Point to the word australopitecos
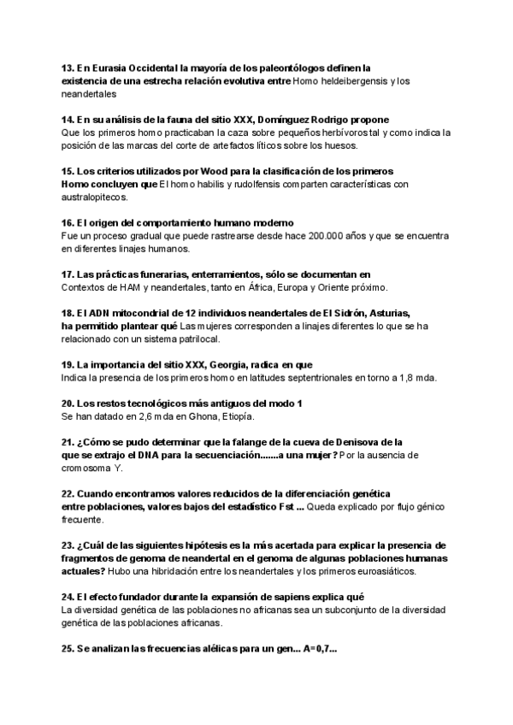pos(94,197)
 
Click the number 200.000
pos(328,236)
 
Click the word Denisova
pos(353,442)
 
